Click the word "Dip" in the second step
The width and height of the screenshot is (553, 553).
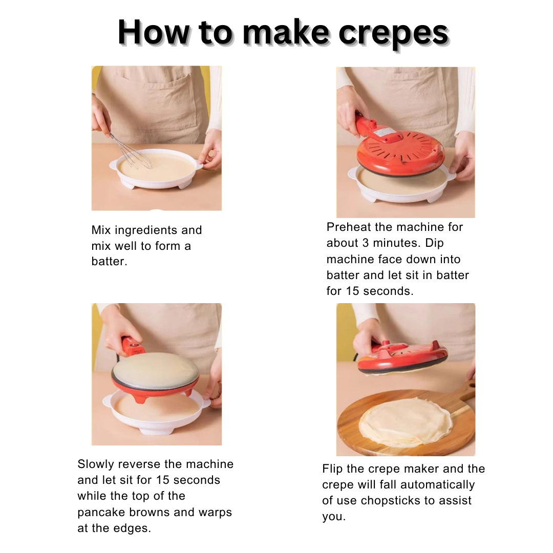click(x=434, y=243)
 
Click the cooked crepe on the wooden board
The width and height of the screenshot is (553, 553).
click(x=406, y=422)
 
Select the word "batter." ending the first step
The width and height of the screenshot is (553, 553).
click(x=109, y=261)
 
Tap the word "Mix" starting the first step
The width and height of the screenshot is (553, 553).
click(x=101, y=230)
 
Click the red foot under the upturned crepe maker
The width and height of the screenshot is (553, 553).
click(x=140, y=398)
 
